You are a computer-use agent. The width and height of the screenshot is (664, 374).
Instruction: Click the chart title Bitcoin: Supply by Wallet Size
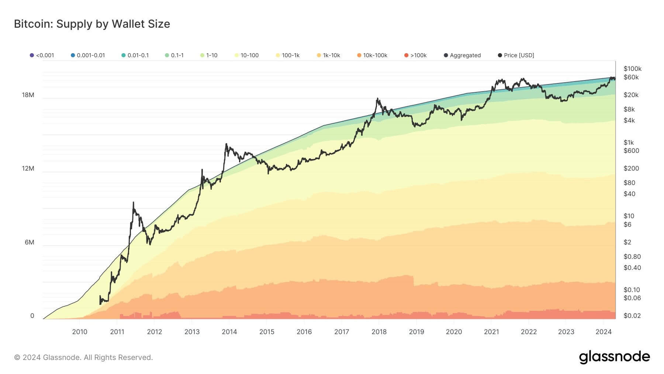(x=92, y=24)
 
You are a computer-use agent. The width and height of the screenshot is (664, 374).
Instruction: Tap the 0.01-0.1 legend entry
(x=135, y=55)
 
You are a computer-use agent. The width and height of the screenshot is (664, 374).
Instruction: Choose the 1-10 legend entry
(x=209, y=55)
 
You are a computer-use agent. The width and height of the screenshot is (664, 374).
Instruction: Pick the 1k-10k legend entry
(x=328, y=55)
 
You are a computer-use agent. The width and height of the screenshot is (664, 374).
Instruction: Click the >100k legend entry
(x=415, y=55)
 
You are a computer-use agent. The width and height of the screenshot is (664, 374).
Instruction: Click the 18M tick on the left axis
(x=28, y=95)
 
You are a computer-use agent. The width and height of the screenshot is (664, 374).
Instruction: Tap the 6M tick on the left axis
(x=30, y=242)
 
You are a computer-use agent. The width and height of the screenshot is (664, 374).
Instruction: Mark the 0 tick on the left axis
(x=32, y=316)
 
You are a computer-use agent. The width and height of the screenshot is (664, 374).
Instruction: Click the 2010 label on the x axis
(x=80, y=332)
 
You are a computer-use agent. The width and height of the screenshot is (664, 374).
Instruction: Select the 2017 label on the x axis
(x=342, y=332)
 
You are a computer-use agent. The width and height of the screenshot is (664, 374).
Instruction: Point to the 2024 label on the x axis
(x=604, y=332)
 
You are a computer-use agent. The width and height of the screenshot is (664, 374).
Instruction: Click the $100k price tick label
(x=632, y=69)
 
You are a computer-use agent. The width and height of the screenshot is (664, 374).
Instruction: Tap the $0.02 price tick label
(x=632, y=316)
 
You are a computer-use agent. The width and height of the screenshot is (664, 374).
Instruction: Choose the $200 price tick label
(x=631, y=168)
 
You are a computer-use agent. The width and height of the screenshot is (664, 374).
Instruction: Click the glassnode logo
(x=614, y=357)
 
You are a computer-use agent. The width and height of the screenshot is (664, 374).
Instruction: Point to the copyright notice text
(x=83, y=357)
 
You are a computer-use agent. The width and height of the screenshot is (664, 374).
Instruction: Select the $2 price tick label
(x=627, y=242)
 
